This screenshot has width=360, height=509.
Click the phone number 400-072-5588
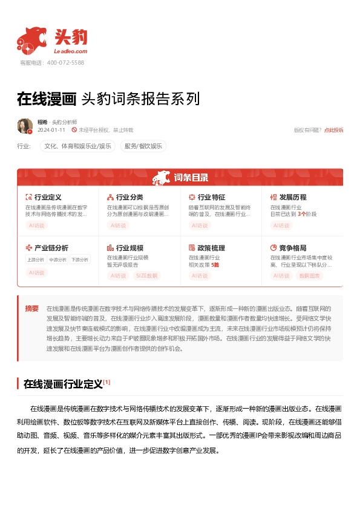point(65,62)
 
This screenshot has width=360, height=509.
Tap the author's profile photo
point(25,126)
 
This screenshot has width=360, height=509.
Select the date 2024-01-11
point(51,130)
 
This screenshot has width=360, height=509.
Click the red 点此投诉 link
point(333,130)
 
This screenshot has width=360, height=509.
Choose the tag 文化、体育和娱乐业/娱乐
point(78,146)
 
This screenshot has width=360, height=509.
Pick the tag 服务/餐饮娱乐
point(143,146)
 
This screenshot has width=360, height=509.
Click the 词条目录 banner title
point(191,178)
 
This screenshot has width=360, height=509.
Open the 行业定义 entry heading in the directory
point(48,197)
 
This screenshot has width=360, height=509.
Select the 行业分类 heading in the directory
point(129,197)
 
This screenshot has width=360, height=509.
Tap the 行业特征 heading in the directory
point(211,197)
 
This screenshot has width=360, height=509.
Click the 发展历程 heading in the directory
point(293,197)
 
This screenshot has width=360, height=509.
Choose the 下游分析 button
point(79,260)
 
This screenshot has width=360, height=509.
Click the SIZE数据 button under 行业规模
point(146,276)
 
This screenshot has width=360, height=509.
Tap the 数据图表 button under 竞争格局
point(309,276)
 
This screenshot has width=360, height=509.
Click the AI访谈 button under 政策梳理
point(200,276)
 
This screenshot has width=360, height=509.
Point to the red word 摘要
point(31,308)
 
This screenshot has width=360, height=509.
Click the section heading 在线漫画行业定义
point(63,383)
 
